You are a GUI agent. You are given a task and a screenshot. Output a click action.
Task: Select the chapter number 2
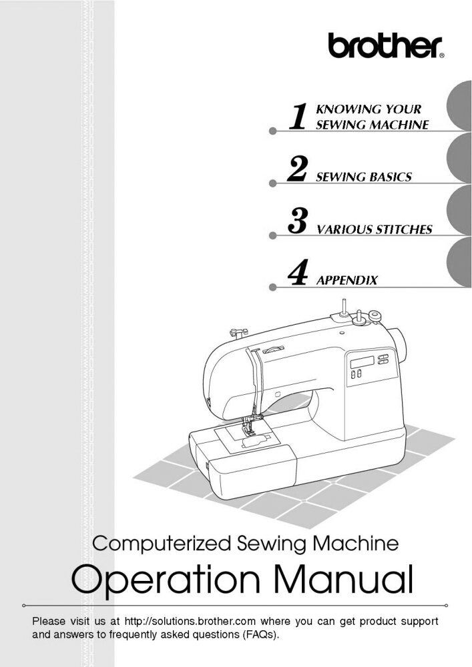click(x=296, y=170)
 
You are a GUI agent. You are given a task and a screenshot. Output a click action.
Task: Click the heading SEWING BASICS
click(x=363, y=177)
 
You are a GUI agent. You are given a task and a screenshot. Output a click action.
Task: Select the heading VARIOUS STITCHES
click(x=374, y=230)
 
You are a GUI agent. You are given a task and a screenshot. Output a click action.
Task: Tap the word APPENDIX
click(x=346, y=281)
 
